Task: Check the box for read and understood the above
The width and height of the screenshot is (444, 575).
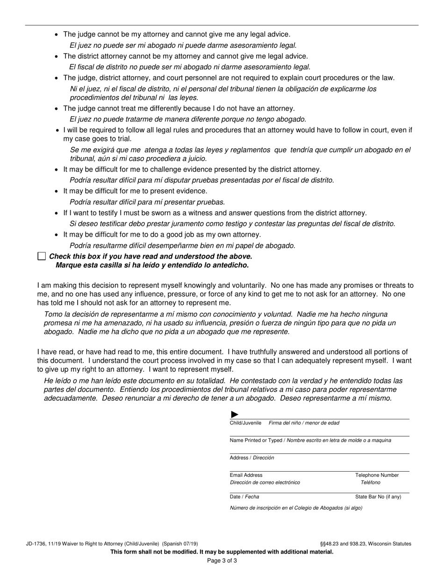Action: coord(42,256)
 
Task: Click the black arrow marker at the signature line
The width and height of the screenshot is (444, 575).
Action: coord(235,414)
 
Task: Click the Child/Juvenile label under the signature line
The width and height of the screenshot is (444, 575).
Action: coord(245,423)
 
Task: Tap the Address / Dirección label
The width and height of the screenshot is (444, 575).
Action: coord(252,458)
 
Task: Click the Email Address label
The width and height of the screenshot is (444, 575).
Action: coord(246,475)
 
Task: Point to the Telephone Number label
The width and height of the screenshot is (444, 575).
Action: coord(377,475)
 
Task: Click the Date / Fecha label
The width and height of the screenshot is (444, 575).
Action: coord(244,497)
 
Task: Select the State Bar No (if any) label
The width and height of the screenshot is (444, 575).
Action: coord(378,497)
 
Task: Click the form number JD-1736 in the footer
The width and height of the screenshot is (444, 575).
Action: coord(35,544)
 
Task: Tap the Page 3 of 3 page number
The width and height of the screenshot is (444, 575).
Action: coord(222,561)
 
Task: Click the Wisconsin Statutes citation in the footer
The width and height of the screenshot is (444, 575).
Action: coord(365,544)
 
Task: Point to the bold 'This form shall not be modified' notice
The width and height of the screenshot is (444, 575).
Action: coord(222,552)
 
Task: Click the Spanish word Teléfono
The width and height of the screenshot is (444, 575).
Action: coord(370,482)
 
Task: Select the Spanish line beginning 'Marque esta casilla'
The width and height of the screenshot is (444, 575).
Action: coord(152,265)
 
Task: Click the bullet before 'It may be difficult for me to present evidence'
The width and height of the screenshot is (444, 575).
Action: coord(57,191)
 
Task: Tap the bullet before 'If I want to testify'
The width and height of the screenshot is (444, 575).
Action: coord(57,213)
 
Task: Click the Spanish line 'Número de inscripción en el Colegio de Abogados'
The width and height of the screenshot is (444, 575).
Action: coord(296,508)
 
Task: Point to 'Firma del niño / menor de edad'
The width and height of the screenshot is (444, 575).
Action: coord(304,423)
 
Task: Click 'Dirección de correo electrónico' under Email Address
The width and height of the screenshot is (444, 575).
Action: coord(265,482)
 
